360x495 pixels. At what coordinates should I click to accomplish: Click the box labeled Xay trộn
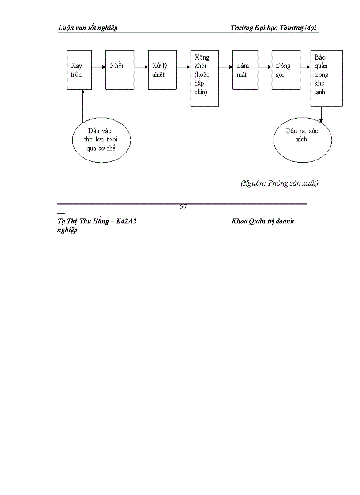[x=79, y=70]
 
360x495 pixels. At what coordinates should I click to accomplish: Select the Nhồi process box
[x=120, y=70]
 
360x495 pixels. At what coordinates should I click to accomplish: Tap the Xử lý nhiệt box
[x=162, y=70]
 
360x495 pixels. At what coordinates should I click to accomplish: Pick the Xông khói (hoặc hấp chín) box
[x=205, y=78]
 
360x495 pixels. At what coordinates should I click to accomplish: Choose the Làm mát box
[x=245, y=70]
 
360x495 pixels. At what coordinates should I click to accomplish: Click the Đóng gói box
[x=286, y=70]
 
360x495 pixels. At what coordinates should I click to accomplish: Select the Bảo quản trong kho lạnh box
[x=326, y=78]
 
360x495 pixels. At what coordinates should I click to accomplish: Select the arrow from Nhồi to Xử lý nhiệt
[x=141, y=67]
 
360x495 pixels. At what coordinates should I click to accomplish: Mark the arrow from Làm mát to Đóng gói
[x=265, y=67]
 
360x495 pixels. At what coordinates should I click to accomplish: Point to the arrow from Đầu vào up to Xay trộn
[x=82, y=106]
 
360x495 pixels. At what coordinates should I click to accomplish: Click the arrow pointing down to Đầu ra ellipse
[x=321, y=114]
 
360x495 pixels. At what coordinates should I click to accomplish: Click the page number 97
[x=184, y=207]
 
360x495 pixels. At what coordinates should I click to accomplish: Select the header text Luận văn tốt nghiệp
[x=88, y=28]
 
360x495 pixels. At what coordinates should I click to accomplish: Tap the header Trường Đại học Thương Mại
[x=274, y=28]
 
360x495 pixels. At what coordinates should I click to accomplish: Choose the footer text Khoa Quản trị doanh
[x=262, y=221]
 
